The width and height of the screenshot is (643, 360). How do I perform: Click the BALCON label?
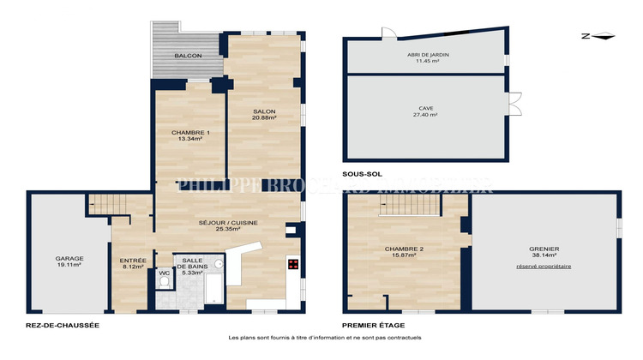[x=188, y=56]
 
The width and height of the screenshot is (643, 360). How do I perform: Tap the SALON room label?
[x=264, y=111]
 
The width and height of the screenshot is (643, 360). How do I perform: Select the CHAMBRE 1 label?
[x=189, y=132]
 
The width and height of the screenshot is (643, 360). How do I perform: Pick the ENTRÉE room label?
[x=133, y=261]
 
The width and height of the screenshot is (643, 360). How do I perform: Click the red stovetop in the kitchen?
[x=293, y=265]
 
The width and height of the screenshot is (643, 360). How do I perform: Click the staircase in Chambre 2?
[x=403, y=204]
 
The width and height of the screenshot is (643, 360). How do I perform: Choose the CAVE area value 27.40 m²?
[x=426, y=114]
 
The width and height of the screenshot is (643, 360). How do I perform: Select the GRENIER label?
[x=543, y=249]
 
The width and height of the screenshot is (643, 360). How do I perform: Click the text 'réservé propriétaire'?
[x=543, y=267]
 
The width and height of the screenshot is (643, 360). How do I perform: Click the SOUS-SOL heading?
[x=360, y=174]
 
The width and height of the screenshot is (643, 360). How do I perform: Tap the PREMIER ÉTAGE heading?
[x=373, y=326]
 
